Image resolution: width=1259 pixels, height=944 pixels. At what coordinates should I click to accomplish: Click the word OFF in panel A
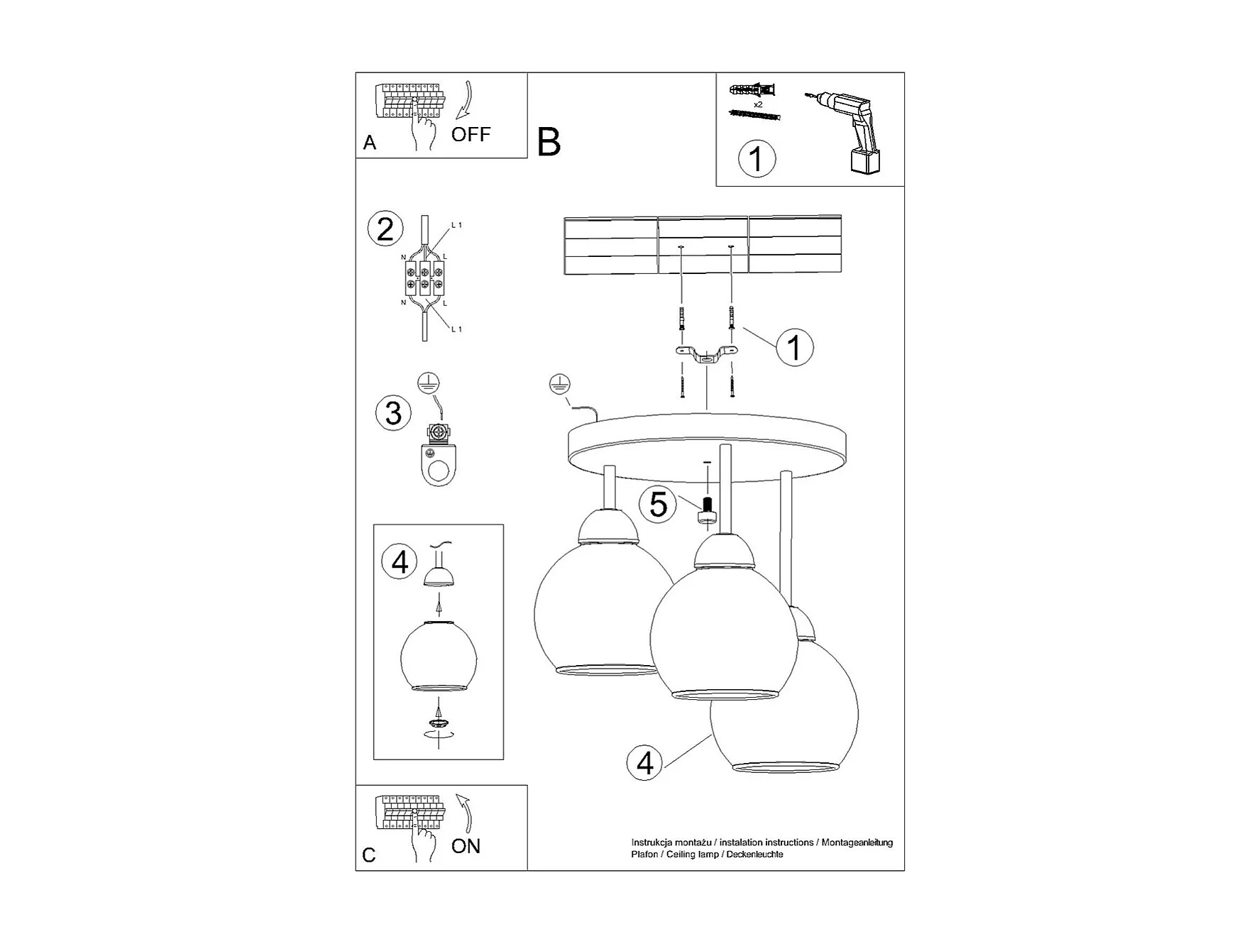pyautogui.click(x=471, y=134)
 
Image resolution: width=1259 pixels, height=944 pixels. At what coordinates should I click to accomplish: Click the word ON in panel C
pyautogui.click(x=466, y=846)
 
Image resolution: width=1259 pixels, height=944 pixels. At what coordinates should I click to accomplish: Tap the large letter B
pyautogui.click(x=549, y=142)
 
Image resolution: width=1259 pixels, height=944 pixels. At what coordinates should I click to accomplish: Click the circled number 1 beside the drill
pyautogui.click(x=757, y=158)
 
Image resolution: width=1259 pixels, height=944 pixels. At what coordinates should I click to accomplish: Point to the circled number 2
pyautogui.click(x=385, y=229)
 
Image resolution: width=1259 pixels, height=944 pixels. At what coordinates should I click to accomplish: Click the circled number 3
pyautogui.click(x=393, y=413)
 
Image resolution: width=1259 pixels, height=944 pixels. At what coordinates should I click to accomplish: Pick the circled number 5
pyautogui.click(x=658, y=505)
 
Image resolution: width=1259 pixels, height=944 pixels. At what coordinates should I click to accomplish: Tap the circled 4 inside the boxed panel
pyautogui.click(x=400, y=562)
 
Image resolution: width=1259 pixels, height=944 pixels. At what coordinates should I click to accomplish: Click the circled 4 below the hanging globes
pyautogui.click(x=644, y=763)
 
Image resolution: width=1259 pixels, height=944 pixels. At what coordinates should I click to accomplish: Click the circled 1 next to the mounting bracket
pyautogui.click(x=794, y=348)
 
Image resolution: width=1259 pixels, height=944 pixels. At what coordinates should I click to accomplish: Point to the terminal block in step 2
pyautogui.click(x=424, y=278)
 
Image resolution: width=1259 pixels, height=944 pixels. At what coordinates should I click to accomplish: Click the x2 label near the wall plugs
pyautogui.click(x=758, y=104)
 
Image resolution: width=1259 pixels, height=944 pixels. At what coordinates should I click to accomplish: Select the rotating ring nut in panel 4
pyautogui.click(x=439, y=723)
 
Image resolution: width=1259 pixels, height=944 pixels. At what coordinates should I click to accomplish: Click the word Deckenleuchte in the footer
pyautogui.click(x=754, y=855)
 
